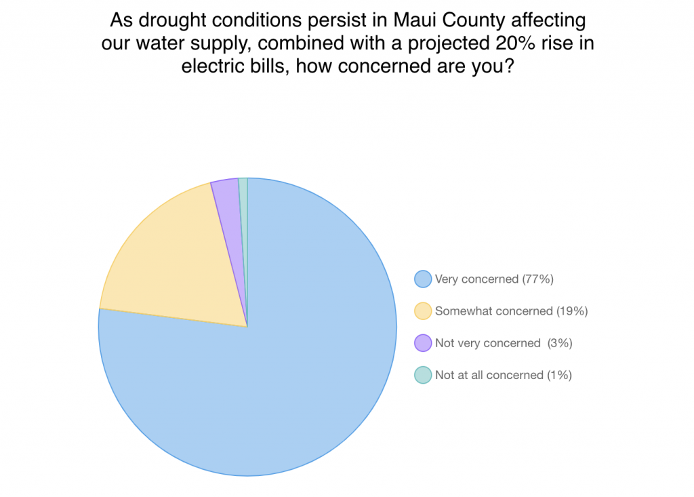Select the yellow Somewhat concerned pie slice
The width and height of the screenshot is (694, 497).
(x=177, y=261)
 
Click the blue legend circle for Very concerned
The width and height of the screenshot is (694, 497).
(x=423, y=279)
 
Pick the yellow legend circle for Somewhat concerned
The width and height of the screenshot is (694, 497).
(x=423, y=311)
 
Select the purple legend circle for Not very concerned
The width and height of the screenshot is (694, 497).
(x=423, y=343)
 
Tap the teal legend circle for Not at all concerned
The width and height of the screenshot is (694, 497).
(x=423, y=375)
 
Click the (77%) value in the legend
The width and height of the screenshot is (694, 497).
(x=537, y=279)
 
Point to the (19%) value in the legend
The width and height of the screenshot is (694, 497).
(x=572, y=311)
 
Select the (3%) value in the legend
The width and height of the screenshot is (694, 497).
(x=560, y=343)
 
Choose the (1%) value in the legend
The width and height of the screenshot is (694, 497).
(x=559, y=375)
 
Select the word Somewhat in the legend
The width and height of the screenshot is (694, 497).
(x=461, y=311)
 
